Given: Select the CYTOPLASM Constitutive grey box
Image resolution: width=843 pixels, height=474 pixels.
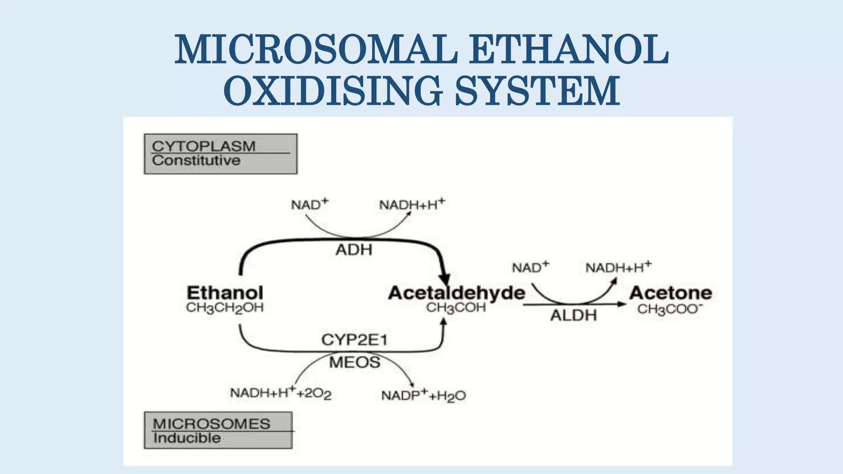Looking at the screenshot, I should point(221,154).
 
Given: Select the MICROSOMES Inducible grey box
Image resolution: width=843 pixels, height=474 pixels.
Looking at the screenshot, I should point(219,430).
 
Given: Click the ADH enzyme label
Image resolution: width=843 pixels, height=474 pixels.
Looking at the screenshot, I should point(354,250).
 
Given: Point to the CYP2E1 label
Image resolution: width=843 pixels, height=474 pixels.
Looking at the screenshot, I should point(354,340).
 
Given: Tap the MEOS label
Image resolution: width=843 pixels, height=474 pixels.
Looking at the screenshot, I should point(354,362).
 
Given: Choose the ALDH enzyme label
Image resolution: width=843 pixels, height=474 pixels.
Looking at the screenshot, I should point(573,316).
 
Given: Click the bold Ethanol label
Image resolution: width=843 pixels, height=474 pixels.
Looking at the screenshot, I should point(225,293).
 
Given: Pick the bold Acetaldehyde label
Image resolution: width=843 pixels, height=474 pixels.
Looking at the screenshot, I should point(456,293).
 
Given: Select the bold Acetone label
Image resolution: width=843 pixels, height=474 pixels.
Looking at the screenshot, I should point(671,293).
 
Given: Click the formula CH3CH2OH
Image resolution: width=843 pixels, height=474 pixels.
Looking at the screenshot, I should point(225,308).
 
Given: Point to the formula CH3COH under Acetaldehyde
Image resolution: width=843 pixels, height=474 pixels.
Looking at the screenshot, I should point(456,308).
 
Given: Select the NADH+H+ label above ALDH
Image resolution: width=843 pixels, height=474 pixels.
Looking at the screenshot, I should point(618,267).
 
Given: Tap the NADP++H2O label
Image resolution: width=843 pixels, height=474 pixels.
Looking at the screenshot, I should point(423,396).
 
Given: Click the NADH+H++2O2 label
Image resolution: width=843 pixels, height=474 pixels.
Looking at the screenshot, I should point(281,393).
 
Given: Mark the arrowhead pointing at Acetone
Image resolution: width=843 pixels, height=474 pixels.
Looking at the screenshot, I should point(622,304).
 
